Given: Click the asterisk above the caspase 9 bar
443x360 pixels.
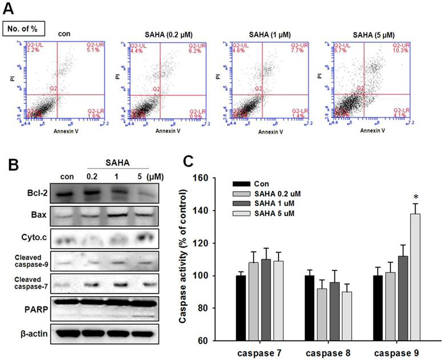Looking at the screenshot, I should point(415,198).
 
